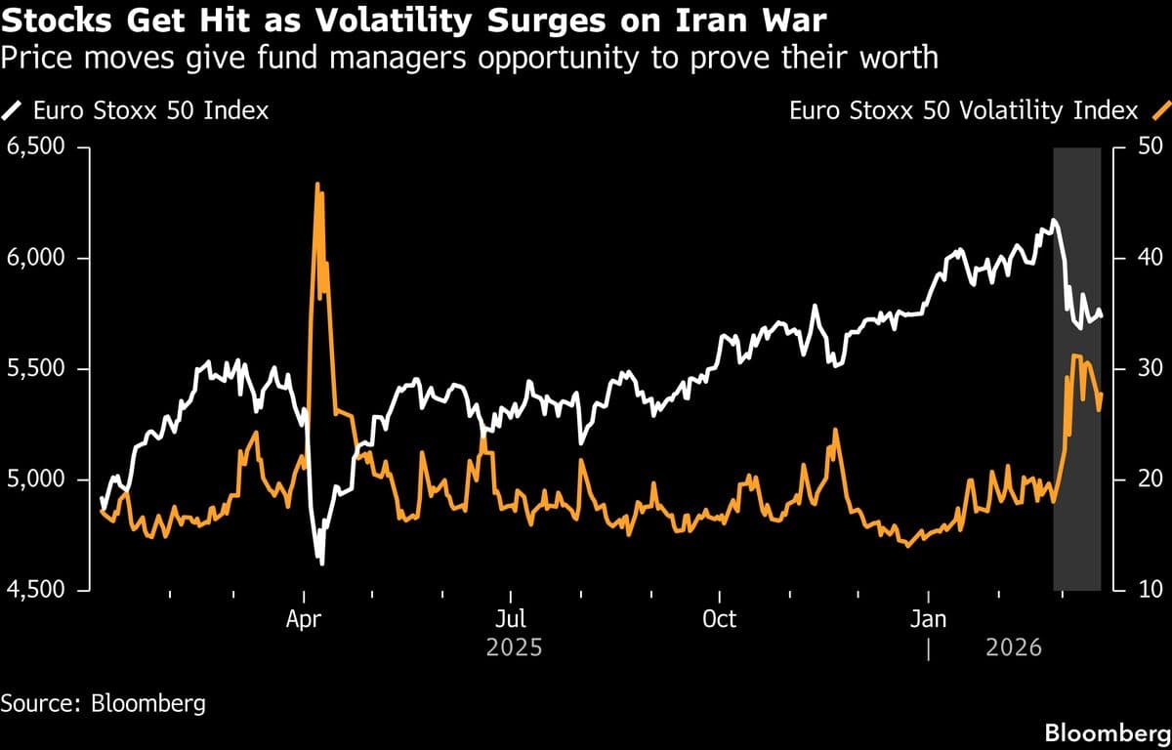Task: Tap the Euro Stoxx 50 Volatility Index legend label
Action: click(x=963, y=110)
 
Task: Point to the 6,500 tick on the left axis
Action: click(x=36, y=147)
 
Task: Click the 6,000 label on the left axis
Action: click(x=36, y=258)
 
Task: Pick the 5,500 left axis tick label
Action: click(x=36, y=369)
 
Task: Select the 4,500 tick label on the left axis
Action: click(x=36, y=590)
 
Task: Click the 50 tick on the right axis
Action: click(x=1146, y=147)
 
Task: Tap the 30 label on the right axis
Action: click(x=1146, y=369)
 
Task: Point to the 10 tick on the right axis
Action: click(x=1146, y=590)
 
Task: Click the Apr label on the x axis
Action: click(x=305, y=619)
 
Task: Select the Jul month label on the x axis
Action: click(x=511, y=619)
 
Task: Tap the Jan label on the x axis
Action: click(x=928, y=619)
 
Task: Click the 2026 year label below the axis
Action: click(x=1014, y=647)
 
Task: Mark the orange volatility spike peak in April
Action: click(x=316, y=184)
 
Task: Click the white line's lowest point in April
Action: click(x=321, y=562)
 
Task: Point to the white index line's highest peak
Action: click(x=1053, y=221)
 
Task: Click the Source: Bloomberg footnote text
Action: click(x=103, y=703)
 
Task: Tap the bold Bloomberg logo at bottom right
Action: click(x=1107, y=732)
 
